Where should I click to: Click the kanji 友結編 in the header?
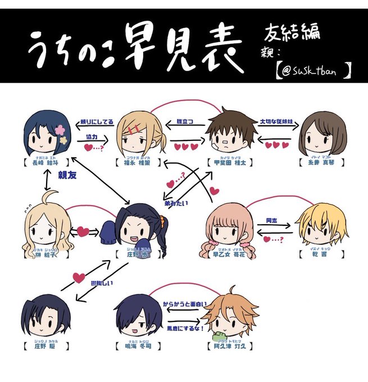[x=292, y=32]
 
